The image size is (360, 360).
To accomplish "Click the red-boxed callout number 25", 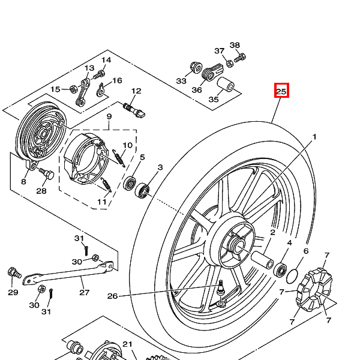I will pyautogui.click(x=282, y=91).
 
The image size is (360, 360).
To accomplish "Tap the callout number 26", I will pyautogui.click(x=113, y=295).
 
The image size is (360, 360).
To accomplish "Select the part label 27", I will pyautogui.click(x=85, y=292).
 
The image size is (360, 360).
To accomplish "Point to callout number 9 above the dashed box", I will pyautogui.click(x=110, y=116).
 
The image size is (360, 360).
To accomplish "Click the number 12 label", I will pyautogui.click(x=136, y=91).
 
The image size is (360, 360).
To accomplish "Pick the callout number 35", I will pyautogui.click(x=214, y=100).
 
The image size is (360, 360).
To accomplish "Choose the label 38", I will pyautogui.click(x=235, y=45).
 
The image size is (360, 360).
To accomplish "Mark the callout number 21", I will pyautogui.click(x=127, y=344).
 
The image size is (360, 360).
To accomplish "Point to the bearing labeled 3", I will pyautogui.click(x=143, y=191).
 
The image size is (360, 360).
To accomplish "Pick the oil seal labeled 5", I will pyautogui.click(x=130, y=183).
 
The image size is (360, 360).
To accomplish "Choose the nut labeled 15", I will pyautogui.click(x=73, y=89).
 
